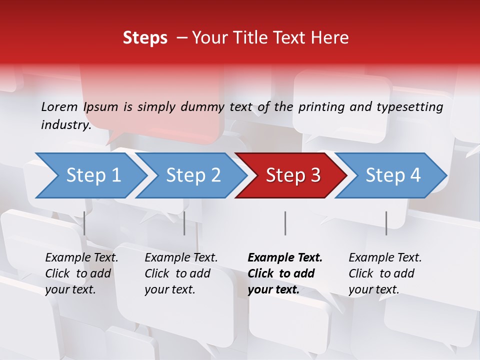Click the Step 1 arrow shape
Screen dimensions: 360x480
[93, 175]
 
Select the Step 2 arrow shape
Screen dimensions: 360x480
[193, 175]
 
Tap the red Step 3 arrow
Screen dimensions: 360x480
[293, 175]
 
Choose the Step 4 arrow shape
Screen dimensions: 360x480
[393, 175]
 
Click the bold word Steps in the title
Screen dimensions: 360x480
[145, 38]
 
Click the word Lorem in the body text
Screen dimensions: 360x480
[59, 106]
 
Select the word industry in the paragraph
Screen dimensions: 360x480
[65, 125]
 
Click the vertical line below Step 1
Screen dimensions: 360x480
[84, 223]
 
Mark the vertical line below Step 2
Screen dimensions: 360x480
[184, 223]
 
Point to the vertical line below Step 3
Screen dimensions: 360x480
[285, 223]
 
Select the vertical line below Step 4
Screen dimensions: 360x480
[386, 223]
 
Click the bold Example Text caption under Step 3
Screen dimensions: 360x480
[285, 258]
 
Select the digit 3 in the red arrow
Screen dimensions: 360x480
[315, 175]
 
